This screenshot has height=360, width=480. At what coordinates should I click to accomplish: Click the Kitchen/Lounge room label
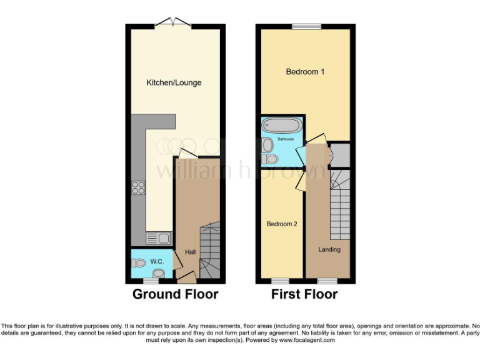[174, 82]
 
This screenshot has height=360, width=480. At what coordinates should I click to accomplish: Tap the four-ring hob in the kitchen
[138, 188]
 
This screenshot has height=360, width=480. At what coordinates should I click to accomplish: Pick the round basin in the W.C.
[159, 273]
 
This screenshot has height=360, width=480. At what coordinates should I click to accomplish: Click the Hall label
[190, 252]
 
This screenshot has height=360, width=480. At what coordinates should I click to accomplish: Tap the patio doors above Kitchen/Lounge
[173, 24]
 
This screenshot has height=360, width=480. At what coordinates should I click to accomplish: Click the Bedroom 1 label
[305, 72]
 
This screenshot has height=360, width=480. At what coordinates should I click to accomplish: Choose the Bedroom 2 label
[281, 224]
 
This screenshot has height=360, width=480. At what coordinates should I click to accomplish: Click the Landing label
[329, 249]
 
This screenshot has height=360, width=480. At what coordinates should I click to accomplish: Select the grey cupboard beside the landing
[341, 155]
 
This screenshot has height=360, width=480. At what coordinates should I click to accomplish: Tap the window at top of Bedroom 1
[306, 26]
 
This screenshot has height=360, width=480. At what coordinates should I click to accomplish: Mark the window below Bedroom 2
[279, 281]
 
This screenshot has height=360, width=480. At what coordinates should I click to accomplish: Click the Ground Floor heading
[175, 294]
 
